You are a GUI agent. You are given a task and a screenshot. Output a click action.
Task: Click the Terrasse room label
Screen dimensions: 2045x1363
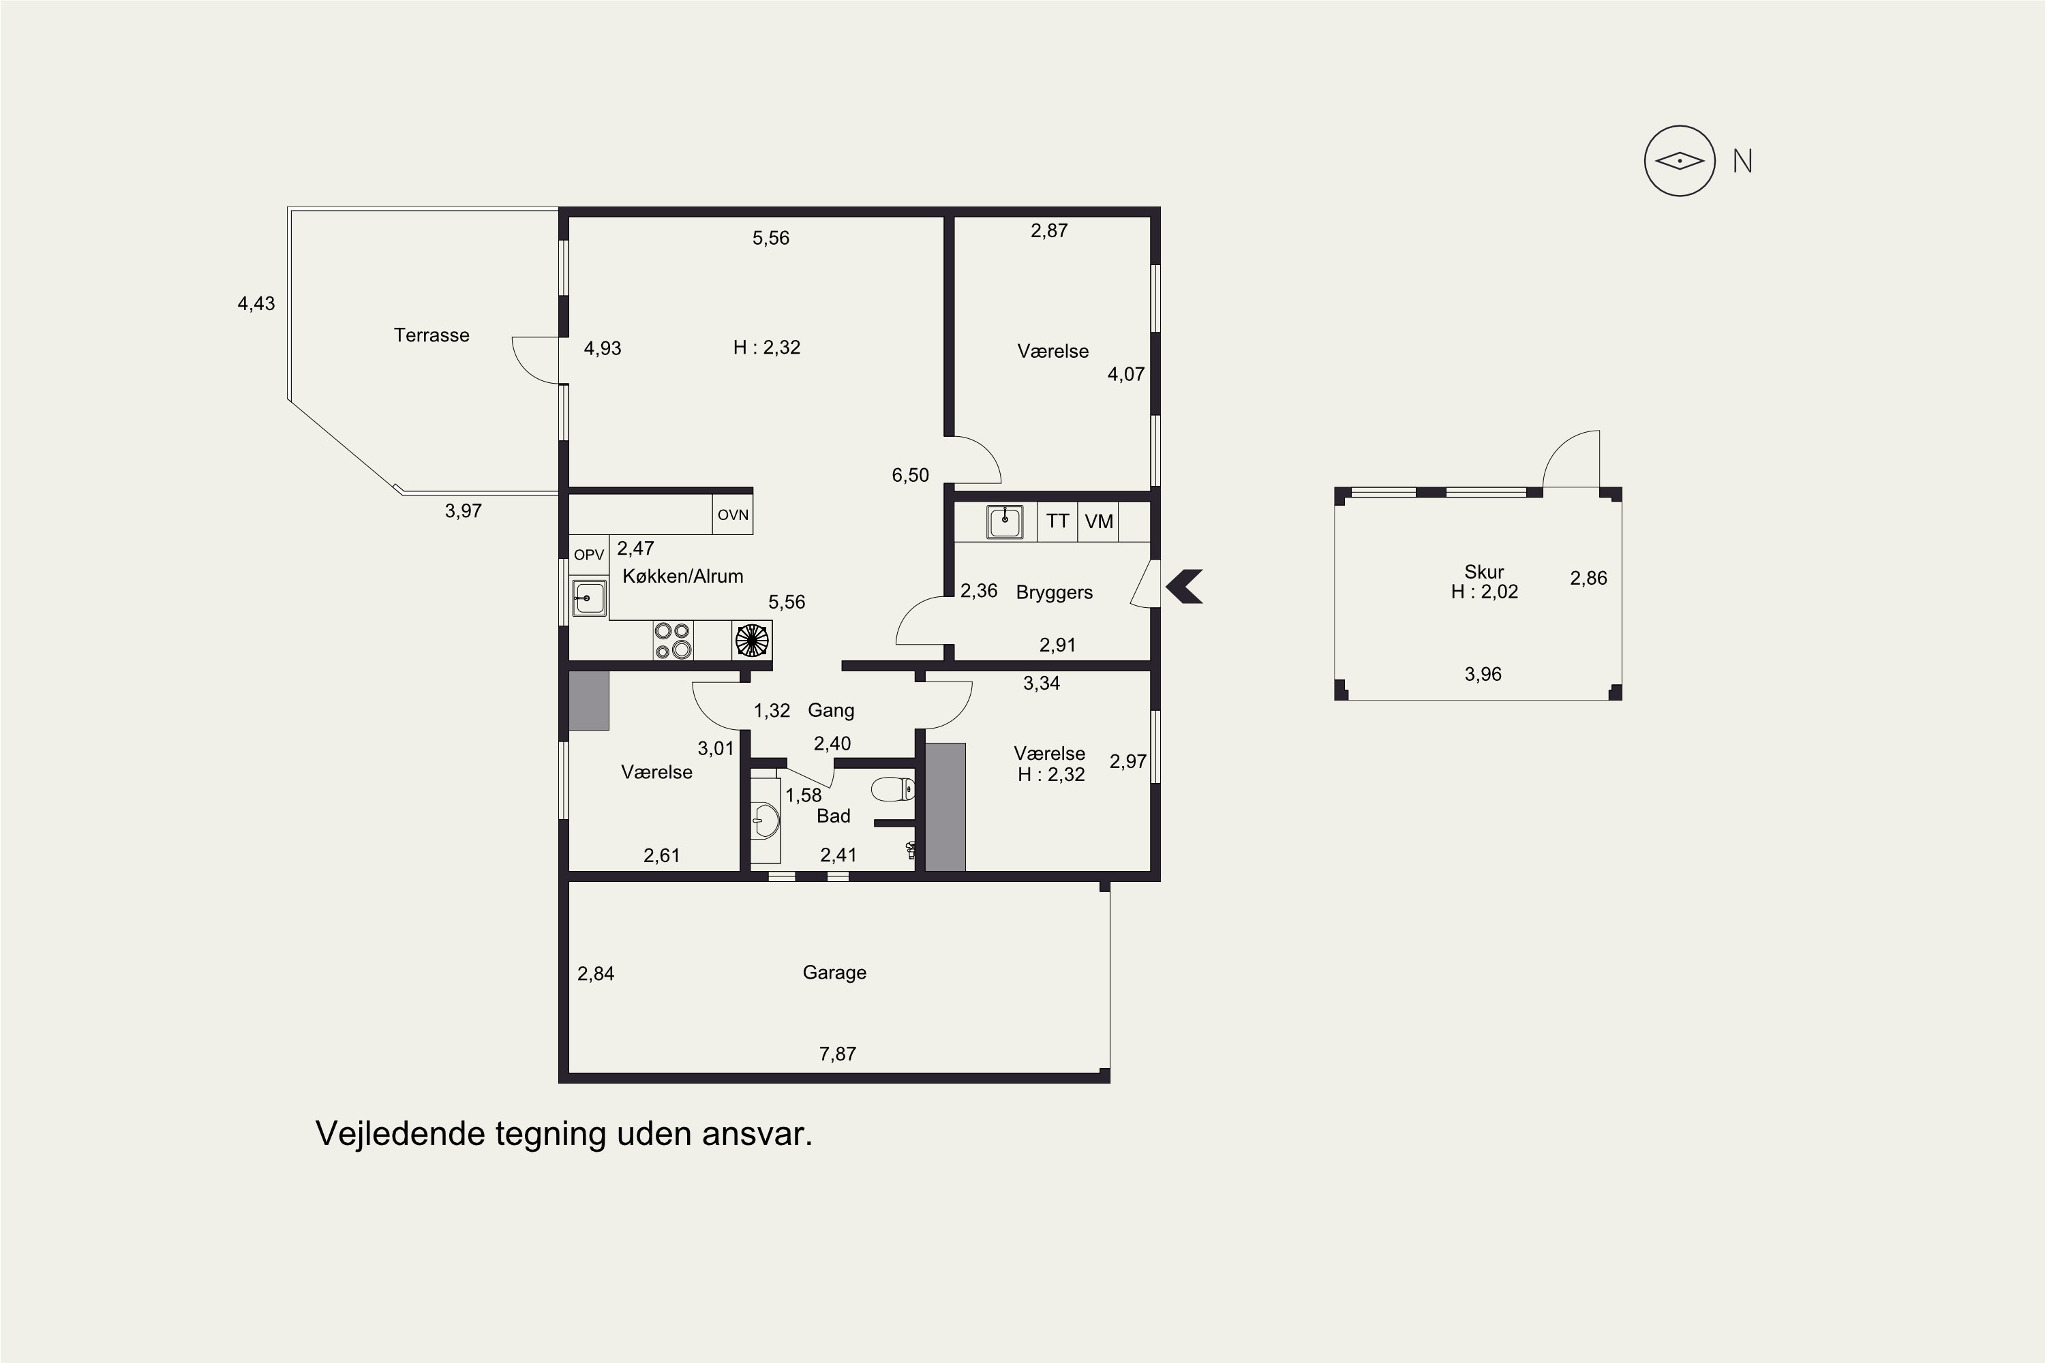pyautogui.click(x=431, y=335)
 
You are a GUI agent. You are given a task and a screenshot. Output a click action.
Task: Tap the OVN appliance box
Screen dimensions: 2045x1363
pyautogui.click(x=733, y=514)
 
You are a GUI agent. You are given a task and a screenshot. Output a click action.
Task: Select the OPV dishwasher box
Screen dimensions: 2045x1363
pyautogui.click(x=589, y=555)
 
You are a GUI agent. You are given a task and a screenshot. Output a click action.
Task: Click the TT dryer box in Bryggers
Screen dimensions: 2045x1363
pyautogui.click(x=1057, y=521)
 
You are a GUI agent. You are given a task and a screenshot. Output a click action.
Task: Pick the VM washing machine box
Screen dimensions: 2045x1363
pyautogui.click(x=1099, y=521)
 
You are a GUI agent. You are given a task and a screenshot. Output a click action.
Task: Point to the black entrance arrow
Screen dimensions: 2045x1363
pyautogui.click(x=1184, y=586)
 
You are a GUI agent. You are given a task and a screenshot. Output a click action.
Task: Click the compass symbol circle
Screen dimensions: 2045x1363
pyautogui.click(x=1680, y=161)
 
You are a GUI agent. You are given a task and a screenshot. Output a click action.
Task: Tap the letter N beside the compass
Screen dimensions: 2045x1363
pyautogui.click(x=1742, y=162)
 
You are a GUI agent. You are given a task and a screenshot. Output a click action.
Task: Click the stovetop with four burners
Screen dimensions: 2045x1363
pyautogui.click(x=673, y=641)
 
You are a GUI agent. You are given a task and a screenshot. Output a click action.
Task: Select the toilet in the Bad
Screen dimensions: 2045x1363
pyautogui.click(x=893, y=789)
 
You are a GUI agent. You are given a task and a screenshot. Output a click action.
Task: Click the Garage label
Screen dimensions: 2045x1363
pyautogui.click(x=834, y=973)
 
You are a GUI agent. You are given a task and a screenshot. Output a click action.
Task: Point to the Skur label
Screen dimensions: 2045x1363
pyautogui.click(x=1484, y=572)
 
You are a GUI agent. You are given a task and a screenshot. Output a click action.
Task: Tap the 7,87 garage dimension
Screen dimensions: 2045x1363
pyautogui.click(x=837, y=1054)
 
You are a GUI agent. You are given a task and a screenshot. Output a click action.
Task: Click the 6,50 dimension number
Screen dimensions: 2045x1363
pyautogui.click(x=910, y=476)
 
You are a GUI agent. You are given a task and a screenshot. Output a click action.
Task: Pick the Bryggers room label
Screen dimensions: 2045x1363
pyautogui.click(x=1055, y=593)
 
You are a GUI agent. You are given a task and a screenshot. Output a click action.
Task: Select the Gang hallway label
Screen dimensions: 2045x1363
pyautogui.click(x=831, y=711)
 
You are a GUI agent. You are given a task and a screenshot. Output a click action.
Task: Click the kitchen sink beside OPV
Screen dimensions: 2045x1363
pyautogui.click(x=589, y=598)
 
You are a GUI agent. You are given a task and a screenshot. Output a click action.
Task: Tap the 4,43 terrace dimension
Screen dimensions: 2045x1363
pyautogui.click(x=256, y=304)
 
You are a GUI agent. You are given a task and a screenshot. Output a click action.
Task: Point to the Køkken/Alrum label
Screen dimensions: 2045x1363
pyautogui.click(x=682, y=577)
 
